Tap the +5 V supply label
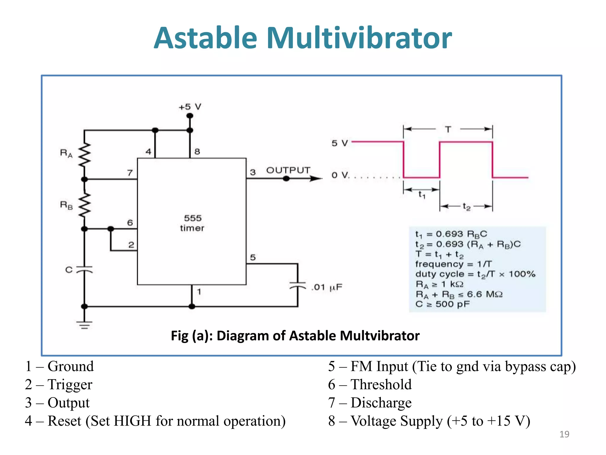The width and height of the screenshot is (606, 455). pyautogui.click(x=190, y=107)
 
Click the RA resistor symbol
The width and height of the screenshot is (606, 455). pyautogui.click(x=85, y=155)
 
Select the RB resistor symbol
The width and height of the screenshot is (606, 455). pyautogui.click(x=85, y=205)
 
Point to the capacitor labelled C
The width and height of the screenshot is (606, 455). pyautogui.click(x=84, y=270)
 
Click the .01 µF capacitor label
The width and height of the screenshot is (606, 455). pyautogui.click(x=326, y=287)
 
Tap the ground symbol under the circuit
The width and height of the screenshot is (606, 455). pyautogui.click(x=84, y=325)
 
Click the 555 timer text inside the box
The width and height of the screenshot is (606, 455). pyautogui.click(x=192, y=223)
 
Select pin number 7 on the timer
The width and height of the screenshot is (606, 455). pyautogui.click(x=130, y=173)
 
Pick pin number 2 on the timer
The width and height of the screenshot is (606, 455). pyautogui.click(x=131, y=245)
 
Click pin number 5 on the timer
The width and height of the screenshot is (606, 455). pyautogui.click(x=253, y=257)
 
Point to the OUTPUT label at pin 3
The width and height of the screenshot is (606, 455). pyautogui.click(x=288, y=170)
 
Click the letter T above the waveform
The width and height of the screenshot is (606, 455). pyautogui.click(x=448, y=129)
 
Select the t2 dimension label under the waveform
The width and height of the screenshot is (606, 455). pyautogui.click(x=466, y=206)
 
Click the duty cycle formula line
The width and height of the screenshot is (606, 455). pyautogui.click(x=475, y=274)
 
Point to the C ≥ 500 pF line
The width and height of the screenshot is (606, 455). pyautogui.click(x=442, y=304)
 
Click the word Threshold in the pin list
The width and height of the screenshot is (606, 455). pyautogui.click(x=381, y=384)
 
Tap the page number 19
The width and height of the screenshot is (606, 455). pyautogui.click(x=564, y=434)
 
